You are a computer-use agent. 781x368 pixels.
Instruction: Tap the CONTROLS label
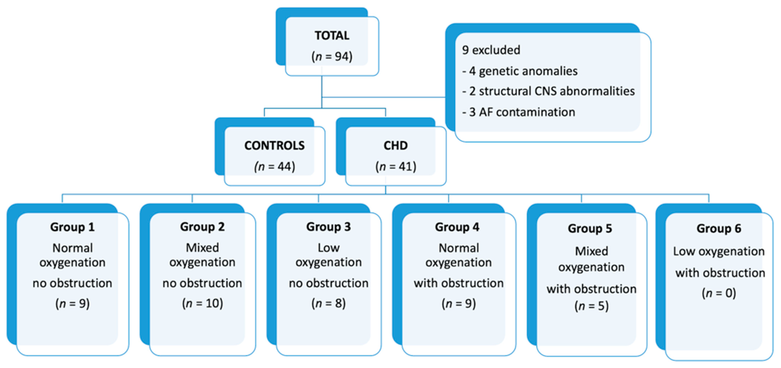pyautogui.click(x=274, y=146)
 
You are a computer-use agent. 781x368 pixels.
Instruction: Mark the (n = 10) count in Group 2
pyautogui.click(x=202, y=303)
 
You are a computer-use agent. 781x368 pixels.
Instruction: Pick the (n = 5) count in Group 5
pyautogui.click(x=591, y=306)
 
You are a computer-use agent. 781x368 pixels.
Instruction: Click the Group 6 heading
pyautogui.click(x=719, y=229)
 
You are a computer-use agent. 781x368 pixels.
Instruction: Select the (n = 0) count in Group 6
pyautogui.click(x=719, y=293)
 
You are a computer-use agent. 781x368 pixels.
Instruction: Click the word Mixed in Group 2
pyautogui.click(x=202, y=248)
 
